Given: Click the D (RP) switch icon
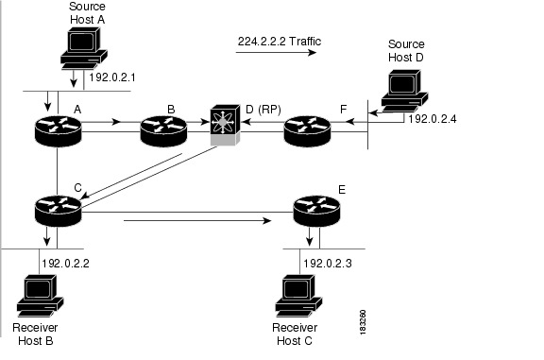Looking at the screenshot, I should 225,129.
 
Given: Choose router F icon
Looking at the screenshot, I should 307,129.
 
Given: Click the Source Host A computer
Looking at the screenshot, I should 77,42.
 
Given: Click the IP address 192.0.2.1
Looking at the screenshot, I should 114,80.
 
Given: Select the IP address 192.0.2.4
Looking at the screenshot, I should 433,120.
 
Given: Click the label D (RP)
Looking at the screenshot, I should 263,111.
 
